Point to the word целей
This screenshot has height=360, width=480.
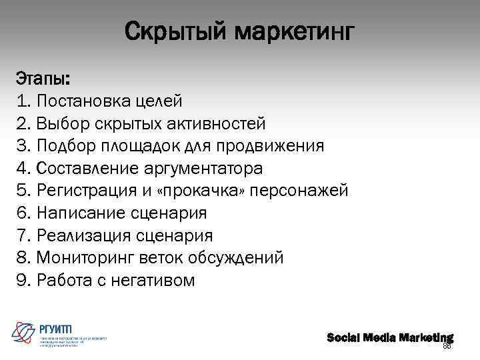157,101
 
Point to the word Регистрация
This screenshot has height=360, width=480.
87,191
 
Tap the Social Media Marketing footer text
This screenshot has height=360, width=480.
389,337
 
